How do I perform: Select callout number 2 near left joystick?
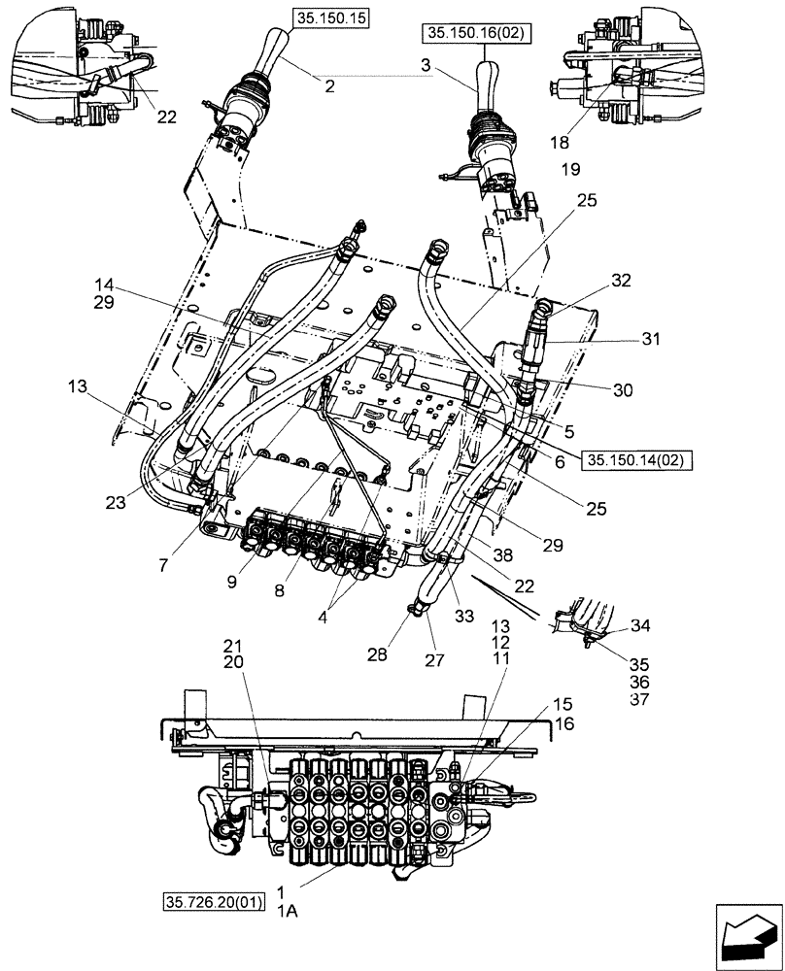point(329,86)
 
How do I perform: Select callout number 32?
point(621,281)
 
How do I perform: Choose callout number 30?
point(623,390)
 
